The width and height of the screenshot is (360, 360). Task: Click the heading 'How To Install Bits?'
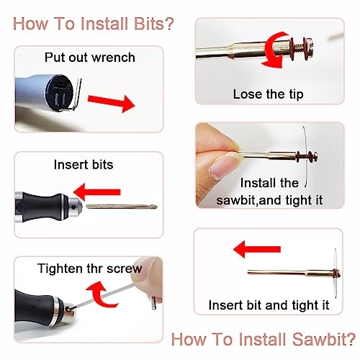point(93,24)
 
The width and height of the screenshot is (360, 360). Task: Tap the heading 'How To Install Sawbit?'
point(264,339)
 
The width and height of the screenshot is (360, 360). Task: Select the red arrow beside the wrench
point(111,103)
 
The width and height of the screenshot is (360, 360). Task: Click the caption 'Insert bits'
point(84,165)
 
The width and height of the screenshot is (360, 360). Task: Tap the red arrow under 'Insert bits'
point(96,192)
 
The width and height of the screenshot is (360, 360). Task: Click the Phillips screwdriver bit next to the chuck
point(122,207)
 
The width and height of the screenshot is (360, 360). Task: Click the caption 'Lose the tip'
point(268,94)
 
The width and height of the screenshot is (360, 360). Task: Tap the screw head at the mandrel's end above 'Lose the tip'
point(310,49)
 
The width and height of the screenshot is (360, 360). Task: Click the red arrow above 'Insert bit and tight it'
point(257,249)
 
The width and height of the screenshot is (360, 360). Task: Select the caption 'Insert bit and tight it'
point(269,305)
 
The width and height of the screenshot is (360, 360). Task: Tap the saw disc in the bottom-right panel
point(336,274)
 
